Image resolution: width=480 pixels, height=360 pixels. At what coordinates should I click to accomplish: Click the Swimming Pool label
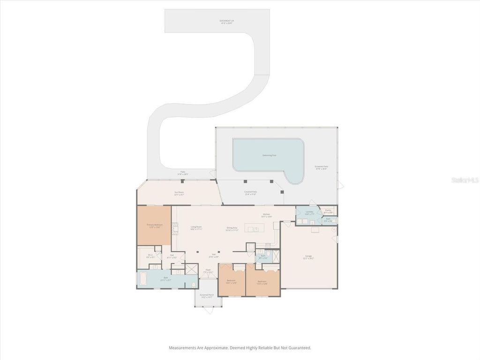(x=268, y=155)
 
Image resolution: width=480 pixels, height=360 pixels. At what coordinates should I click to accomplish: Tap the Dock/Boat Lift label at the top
(x=227, y=21)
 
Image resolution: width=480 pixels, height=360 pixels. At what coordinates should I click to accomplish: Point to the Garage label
(x=308, y=256)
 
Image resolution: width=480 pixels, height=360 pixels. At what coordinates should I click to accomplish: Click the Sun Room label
(x=179, y=193)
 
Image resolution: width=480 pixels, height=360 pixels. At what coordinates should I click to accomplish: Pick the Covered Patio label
(x=251, y=192)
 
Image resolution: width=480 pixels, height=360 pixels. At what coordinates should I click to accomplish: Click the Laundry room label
(x=309, y=212)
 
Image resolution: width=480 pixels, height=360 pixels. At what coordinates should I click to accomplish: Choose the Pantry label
(x=328, y=210)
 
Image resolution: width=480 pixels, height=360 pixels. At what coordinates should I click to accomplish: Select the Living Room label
(x=196, y=227)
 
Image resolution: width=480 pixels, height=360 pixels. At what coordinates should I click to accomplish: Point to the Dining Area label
(x=232, y=228)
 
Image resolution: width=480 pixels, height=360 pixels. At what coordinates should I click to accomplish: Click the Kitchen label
(x=266, y=215)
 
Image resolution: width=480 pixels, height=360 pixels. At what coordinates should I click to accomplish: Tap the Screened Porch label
(x=207, y=295)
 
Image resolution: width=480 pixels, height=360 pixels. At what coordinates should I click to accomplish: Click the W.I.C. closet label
(x=150, y=256)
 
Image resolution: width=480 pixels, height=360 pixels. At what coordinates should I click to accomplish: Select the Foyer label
(x=208, y=270)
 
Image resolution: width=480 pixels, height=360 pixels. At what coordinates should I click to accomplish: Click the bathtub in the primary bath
(x=142, y=280)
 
